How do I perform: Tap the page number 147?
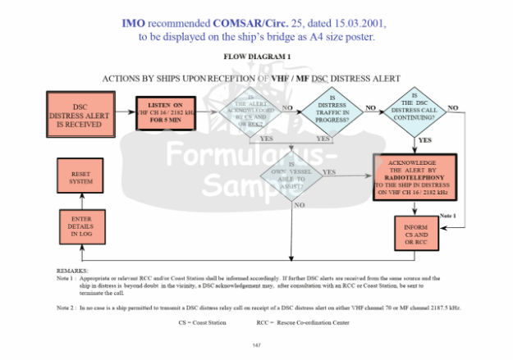[x=256, y=344]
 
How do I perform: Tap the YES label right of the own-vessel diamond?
[x=329, y=171]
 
